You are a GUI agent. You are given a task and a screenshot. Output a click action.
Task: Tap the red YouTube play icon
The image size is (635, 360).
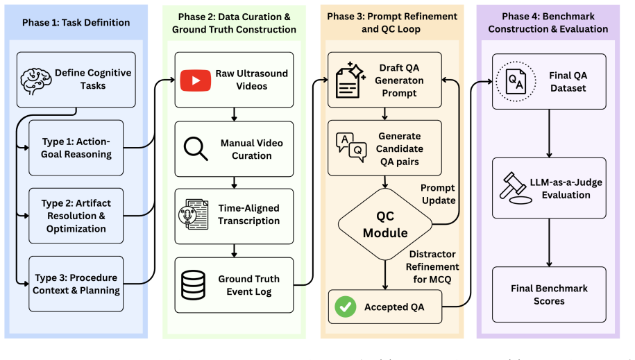(196, 80)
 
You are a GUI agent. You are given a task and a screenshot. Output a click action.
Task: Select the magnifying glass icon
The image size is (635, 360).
(196, 148)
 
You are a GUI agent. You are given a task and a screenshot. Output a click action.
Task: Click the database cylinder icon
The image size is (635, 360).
(193, 284)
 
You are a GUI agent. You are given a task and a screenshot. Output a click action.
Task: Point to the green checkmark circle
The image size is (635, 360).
(346, 307)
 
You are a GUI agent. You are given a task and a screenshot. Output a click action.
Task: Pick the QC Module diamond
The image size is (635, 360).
(385, 224)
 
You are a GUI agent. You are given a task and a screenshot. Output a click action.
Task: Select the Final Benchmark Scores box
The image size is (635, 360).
(549, 294)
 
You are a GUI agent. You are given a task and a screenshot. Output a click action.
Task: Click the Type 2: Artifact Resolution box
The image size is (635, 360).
(76, 216)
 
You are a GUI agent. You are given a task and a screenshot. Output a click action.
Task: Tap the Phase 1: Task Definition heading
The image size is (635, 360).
(76, 22)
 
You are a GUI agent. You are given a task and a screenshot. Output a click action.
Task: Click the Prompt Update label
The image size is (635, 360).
(438, 194)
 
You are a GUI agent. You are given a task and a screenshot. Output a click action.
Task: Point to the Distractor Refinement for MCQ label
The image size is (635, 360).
(432, 266)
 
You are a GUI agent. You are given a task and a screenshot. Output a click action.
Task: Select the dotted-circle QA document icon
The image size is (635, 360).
(516, 81)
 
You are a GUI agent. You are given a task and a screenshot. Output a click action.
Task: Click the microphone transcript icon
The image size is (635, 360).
(194, 214)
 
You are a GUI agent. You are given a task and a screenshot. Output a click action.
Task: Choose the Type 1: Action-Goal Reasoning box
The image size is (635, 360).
(76, 148)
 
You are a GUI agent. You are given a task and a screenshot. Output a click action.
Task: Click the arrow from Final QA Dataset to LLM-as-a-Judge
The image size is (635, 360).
(549, 133)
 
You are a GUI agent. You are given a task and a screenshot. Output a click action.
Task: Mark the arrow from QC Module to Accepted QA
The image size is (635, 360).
(385, 275)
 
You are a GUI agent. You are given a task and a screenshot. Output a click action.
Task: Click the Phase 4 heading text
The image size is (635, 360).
(548, 23)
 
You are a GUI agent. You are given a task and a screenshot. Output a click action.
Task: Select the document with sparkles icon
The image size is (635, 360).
(350, 80)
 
